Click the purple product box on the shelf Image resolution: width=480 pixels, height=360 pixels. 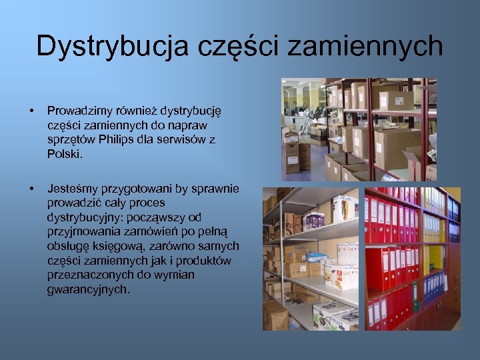click(313, 220)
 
